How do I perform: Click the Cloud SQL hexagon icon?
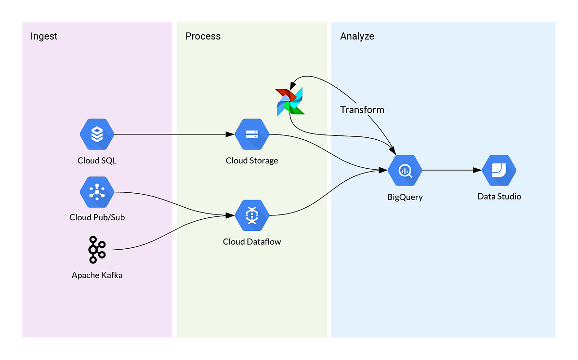pos(97,135)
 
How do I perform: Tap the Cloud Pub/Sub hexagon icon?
pos(97,192)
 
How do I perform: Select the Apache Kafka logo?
pos(97,250)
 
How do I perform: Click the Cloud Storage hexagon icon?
pos(251,135)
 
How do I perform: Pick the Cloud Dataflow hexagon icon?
pos(251,215)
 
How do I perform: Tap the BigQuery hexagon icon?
pos(405,171)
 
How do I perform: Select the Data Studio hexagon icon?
pos(499,171)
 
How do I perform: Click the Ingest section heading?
pos(44,36)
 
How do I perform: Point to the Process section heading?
pos(203,36)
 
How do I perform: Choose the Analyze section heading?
pos(357,36)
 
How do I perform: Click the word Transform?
pos(362,109)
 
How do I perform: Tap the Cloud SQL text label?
pos(97,160)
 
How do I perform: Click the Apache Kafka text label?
pos(97,275)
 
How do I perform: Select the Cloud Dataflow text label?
pos(251,241)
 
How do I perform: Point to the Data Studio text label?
pos(499,196)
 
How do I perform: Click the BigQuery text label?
pos(405,197)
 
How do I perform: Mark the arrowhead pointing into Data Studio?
pos(478,171)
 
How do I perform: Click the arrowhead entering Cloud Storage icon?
pos(230,135)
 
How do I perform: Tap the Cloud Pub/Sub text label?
pos(97,217)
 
